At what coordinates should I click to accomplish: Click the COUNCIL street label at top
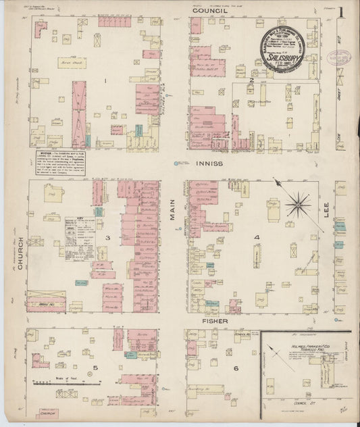point(207,11)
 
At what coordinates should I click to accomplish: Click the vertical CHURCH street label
point(21,254)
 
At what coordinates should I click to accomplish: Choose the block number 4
point(257,238)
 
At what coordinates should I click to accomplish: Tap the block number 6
point(236,368)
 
